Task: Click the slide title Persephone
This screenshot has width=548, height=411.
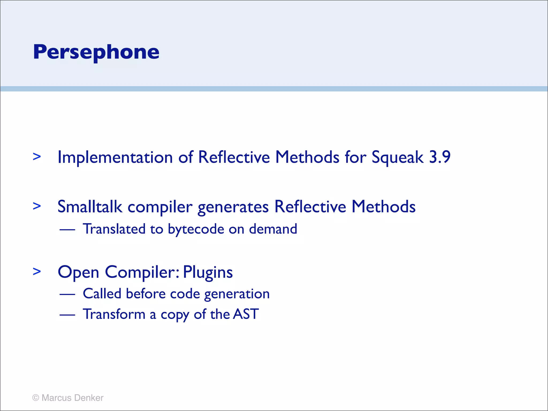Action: pyautogui.click(x=96, y=52)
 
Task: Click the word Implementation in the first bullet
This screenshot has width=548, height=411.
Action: pyautogui.click(x=115, y=157)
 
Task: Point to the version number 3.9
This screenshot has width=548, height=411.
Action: pyautogui.click(x=440, y=157)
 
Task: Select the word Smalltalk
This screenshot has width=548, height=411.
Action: pyautogui.click(x=90, y=207)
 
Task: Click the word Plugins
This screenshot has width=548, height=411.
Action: pyautogui.click(x=208, y=273)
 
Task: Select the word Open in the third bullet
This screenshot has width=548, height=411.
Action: pyautogui.click(x=78, y=273)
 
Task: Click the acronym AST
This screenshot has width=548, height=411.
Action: pyautogui.click(x=246, y=314)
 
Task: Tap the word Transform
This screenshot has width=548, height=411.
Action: pyautogui.click(x=114, y=314)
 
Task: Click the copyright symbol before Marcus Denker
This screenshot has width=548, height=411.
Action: pyautogui.click(x=36, y=398)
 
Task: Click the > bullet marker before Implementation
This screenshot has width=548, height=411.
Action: pyautogui.click(x=37, y=157)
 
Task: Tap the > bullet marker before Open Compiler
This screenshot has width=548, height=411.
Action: pyautogui.click(x=37, y=272)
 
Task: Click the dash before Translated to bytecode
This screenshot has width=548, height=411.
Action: pyautogui.click(x=67, y=230)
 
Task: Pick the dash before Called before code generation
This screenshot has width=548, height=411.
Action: pyautogui.click(x=67, y=294)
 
